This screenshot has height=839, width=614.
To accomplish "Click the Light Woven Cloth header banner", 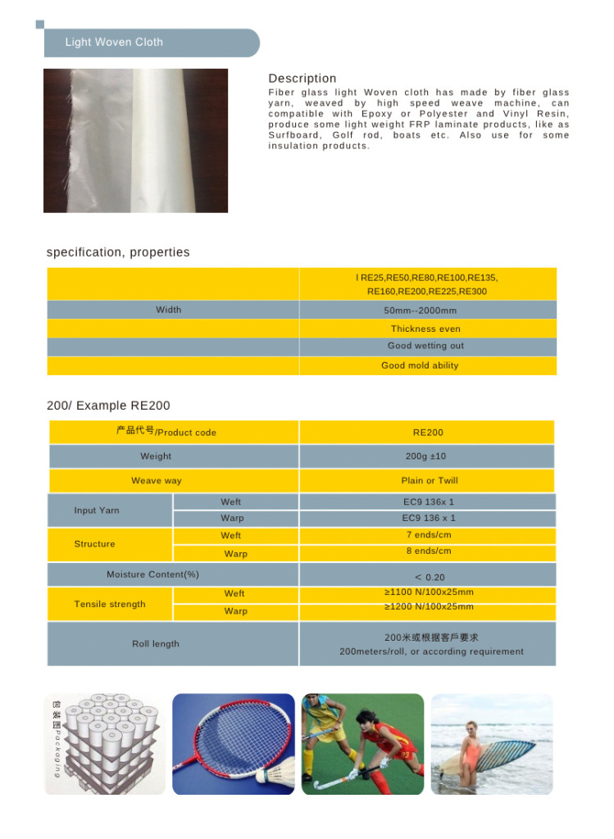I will click(x=152, y=43).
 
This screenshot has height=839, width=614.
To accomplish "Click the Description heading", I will click(x=302, y=79).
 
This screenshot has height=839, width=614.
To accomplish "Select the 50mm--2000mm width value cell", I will click(x=421, y=311).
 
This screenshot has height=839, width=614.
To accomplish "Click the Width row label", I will click(x=169, y=310).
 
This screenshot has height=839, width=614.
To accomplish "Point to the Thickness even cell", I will click(x=425, y=329).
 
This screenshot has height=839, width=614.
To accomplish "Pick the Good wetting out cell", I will click(x=425, y=346).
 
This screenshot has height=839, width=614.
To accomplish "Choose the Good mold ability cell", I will click(x=420, y=365).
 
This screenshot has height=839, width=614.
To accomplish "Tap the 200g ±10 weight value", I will click(x=425, y=456).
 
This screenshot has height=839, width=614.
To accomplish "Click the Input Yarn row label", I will click(x=97, y=510).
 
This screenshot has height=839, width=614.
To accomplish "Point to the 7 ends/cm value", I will click(x=429, y=535).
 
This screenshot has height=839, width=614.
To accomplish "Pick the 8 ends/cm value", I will click(x=429, y=551).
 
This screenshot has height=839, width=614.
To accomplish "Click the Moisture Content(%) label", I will click(x=152, y=574).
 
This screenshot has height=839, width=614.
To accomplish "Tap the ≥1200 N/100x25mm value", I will click(x=429, y=607).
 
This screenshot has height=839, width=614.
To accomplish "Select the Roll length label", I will click(x=156, y=644).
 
